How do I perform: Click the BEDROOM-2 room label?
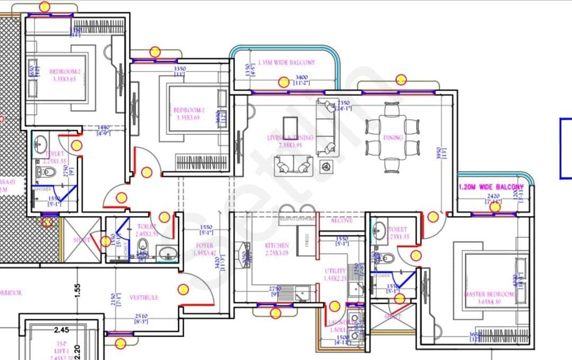point(65,72)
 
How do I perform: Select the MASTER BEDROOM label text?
point(489,294)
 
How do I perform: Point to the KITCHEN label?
point(277,246)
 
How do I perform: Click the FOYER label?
point(204,246)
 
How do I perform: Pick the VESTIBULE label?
point(144,298)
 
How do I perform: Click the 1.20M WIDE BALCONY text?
point(491,187)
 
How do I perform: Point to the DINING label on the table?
point(393,138)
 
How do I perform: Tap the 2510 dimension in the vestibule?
point(140,317)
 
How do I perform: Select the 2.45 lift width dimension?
point(61,329)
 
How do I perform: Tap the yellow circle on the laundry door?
point(334,306)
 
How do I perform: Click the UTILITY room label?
point(335,271)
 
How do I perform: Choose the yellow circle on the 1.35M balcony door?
point(284,82)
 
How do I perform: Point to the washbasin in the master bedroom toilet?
point(379,230)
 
